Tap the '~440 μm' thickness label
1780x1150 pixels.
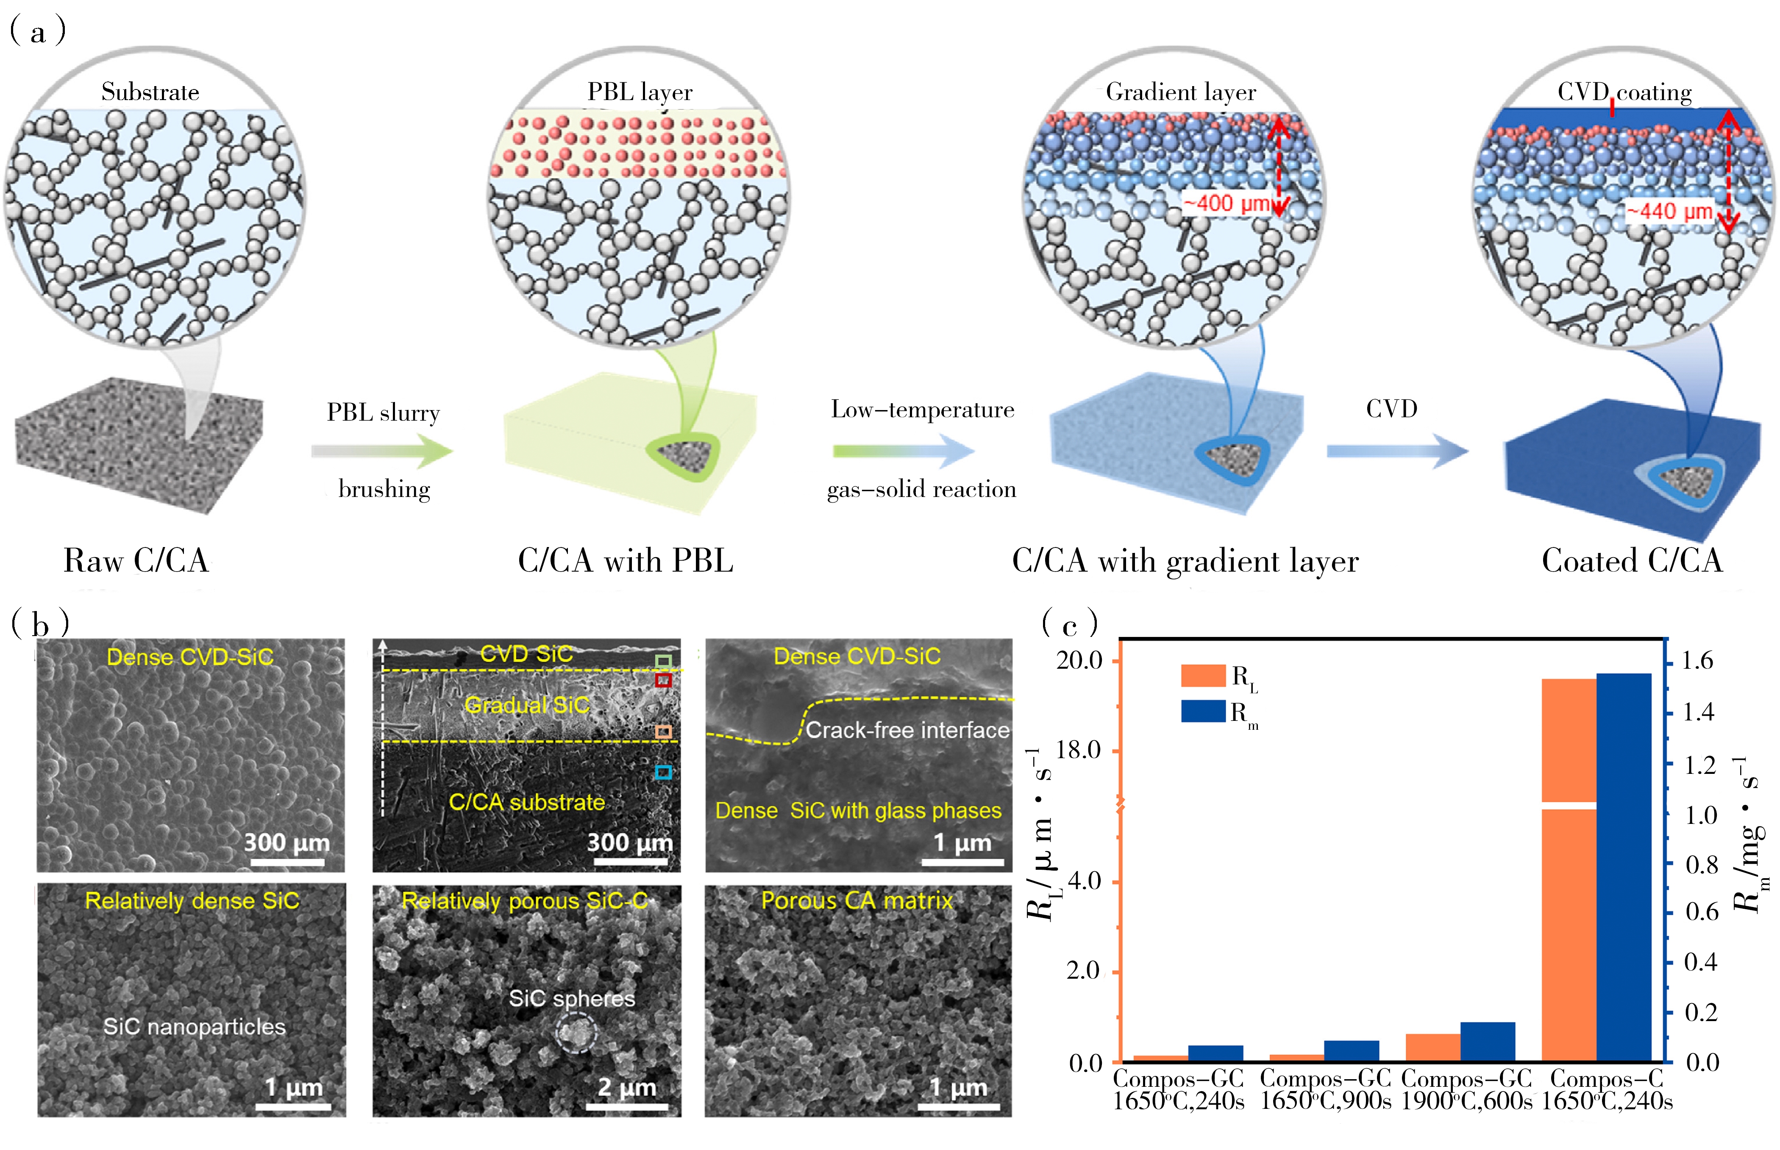click(1670, 211)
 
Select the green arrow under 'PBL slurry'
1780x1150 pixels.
click(382, 450)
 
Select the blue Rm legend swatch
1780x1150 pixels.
click(1202, 711)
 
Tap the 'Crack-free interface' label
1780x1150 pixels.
click(907, 730)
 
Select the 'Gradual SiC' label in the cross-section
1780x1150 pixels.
click(527, 704)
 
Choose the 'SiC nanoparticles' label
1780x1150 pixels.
click(194, 1027)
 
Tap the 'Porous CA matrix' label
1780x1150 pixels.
click(857, 901)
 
